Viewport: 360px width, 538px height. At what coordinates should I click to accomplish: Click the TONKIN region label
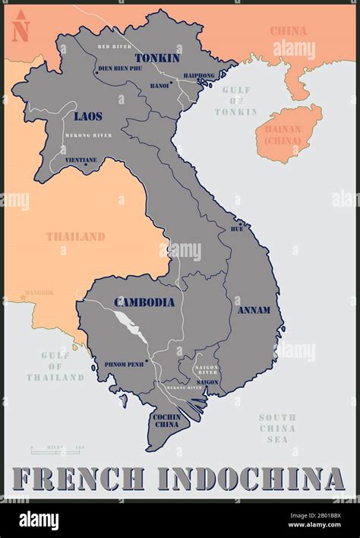(x=157, y=58)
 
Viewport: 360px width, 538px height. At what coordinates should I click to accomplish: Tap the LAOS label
(x=88, y=116)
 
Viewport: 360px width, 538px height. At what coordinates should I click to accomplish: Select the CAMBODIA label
(x=144, y=302)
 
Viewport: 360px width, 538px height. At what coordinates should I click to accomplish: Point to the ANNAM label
(x=254, y=310)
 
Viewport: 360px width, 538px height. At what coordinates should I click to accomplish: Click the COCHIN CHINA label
(x=166, y=421)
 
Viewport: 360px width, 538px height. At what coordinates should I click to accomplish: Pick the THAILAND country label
(x=75, y=236)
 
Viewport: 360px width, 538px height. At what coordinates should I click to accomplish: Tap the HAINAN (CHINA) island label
(x=283, y=134)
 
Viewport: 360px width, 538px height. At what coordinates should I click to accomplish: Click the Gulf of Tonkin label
(x=235, y=100)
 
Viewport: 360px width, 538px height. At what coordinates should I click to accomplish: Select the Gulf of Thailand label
(x=55, y=366)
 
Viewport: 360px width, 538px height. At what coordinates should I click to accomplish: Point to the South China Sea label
(x=277, y=428)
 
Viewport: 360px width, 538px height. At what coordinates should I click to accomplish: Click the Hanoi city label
(x=159, y=86)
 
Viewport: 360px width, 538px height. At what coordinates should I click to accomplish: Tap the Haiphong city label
(x=199, y=75)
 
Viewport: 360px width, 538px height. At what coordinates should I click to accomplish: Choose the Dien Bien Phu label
(x=120, y=68)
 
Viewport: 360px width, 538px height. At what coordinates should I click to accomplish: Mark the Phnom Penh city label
(x=125, y=364)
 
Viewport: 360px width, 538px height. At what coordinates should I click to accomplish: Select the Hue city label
(x=237, y=229)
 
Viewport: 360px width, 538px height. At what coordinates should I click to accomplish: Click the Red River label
(x=115, y=47)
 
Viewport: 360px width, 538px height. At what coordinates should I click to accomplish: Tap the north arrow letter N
(x=21, y=33)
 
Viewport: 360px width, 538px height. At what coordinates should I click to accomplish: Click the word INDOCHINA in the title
(x=251, y=479)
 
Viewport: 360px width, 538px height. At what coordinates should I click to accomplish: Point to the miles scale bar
(x=57, y=450)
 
